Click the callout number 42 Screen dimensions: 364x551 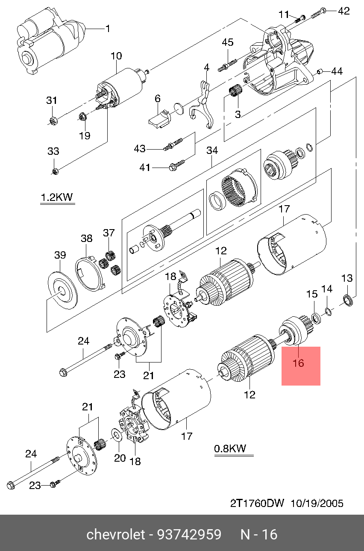(344, 11)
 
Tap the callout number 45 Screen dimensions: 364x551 (228, 42)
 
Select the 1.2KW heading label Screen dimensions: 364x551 (57, 197)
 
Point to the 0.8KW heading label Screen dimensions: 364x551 (230, 448)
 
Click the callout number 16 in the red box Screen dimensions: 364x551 (298, 363)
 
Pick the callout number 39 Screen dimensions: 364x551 (60, 255)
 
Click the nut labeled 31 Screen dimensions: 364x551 (53, 121)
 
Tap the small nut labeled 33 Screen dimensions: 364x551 (56, 171)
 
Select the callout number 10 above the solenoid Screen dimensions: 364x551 (116, 56)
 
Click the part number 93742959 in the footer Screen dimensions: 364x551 (189, 534)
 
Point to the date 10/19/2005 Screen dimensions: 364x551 (317, 503)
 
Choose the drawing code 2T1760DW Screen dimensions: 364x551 (257, 503)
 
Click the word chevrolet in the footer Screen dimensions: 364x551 (116, 534)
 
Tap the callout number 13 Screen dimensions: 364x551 (347, 278)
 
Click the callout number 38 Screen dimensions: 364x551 (87, 239)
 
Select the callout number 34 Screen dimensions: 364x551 (212, 150)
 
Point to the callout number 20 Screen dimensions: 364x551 (120, 458)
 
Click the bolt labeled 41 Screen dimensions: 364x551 (176, 165)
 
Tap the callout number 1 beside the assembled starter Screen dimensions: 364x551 (108, 29)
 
